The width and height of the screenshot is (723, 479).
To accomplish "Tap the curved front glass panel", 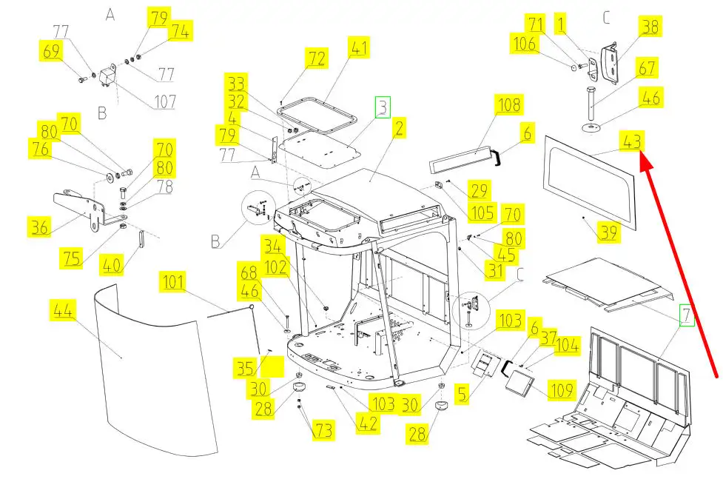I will click(148, 370).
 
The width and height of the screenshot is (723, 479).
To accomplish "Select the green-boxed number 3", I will click(382, 108).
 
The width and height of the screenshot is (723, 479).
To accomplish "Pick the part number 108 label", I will click(510, 104).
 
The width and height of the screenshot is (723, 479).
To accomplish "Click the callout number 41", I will click(359, 50).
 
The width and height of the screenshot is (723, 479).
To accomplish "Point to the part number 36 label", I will click(38, 225).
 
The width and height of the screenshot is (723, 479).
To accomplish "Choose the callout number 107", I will click(165, 101).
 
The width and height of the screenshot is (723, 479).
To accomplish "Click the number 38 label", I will click(650, 27).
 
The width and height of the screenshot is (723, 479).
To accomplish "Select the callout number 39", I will click(609, 233).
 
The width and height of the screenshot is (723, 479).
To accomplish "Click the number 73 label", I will click(323, 430).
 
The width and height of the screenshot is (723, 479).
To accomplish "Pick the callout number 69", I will click(51, 51).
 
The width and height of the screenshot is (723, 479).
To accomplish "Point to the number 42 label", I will click(368, 423).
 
